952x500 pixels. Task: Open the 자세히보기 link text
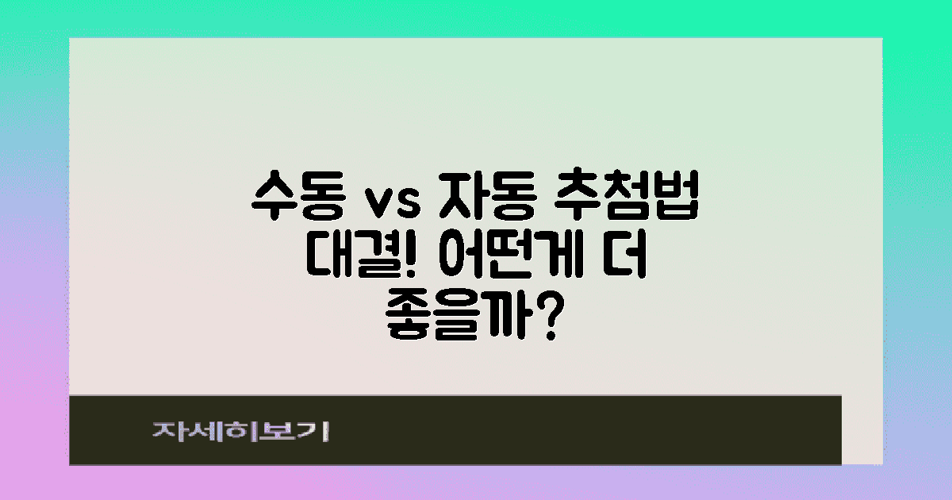pos(240,432)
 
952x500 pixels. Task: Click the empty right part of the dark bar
pos(635,430)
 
